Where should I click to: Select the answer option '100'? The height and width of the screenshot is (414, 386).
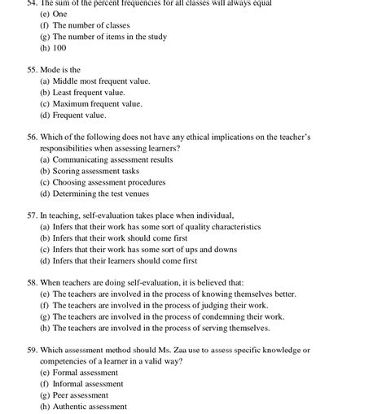(59, 48)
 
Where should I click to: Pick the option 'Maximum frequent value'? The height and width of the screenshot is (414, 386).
(103, 103)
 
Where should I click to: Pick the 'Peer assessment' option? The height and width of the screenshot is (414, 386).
(83, 394)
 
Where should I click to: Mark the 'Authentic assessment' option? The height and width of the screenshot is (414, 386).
(90, 406)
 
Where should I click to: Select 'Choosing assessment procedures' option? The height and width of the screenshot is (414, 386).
(108, 182)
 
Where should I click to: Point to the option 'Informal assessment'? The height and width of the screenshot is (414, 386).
(87, 383)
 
